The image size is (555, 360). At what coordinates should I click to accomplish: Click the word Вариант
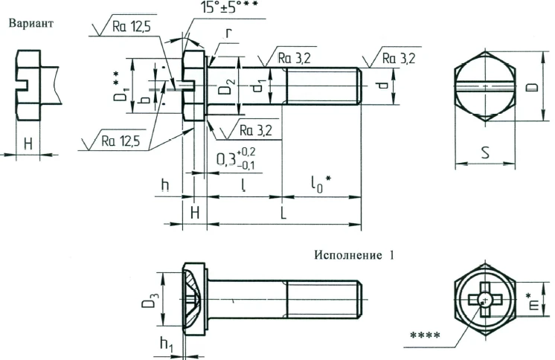click(x=31, y=22)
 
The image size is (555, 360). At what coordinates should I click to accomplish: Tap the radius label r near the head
click(x=230, y=33)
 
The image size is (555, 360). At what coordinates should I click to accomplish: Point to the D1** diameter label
click(x=118, y=87)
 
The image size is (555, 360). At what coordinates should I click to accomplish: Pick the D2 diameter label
click(x=225, y=87)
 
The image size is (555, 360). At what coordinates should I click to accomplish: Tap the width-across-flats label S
click(x=484, y=154)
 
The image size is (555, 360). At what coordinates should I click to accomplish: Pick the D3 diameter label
click(x=150, y=301)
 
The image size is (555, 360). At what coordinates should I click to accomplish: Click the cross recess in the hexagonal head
click(x=484, y=300)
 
